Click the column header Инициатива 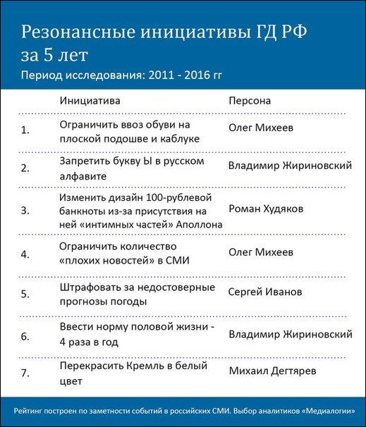(x=90, y=101)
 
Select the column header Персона (x=250, y=101)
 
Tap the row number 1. (x=26, y=130)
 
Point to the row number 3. (x=26, y=210)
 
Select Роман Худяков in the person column (x=265, y=209)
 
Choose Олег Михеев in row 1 (x=261, y=128)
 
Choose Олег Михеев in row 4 (x=261, y=252)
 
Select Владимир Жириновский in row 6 (x=291, y=334)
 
